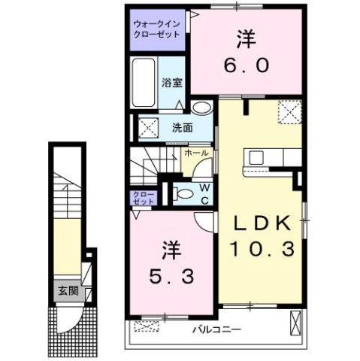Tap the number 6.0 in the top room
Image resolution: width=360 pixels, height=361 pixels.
(x=246, y=66)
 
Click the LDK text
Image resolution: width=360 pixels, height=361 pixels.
(x=260, y=223)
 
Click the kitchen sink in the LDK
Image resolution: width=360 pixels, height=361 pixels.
(x=256, y=158)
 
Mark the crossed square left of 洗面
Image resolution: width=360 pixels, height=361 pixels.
(x=147, y=127)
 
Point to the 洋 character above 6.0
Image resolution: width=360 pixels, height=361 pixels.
(x=245, y=38)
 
